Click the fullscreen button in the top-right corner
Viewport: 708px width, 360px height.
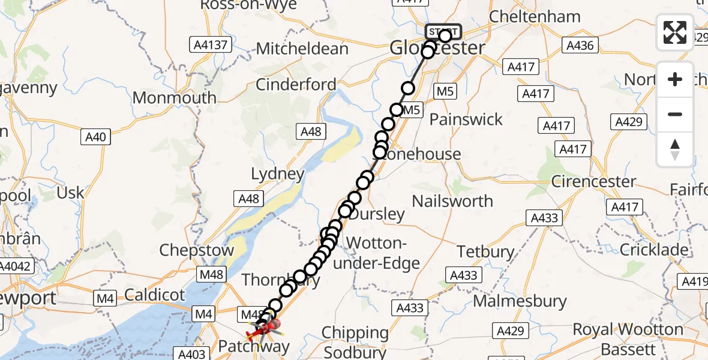(675, 32)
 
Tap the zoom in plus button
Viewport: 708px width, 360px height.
(675, 79)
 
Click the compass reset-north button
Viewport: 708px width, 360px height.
(675, 149)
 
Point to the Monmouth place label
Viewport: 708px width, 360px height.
(174, 98)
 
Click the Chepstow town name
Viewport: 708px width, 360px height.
(196, 251)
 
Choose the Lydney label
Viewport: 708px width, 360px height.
(278, 175)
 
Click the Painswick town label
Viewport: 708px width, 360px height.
(466, 119)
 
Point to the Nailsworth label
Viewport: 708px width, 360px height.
(453, 201)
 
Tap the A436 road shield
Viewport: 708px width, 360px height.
(579, 44)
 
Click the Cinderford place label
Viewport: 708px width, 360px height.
(296, 85)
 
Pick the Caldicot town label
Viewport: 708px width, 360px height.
(155, 294)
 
